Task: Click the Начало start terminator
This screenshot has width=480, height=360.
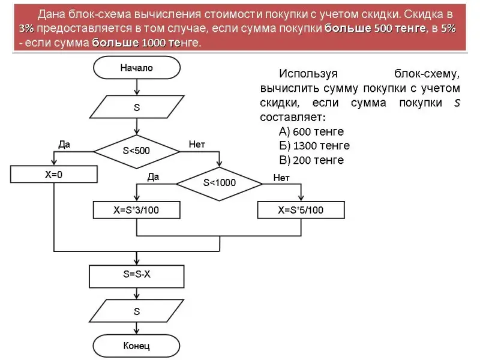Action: [x=137, y=68]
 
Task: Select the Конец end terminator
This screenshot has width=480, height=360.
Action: [x=137, y=346]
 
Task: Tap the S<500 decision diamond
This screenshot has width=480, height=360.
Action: [x=137, y=151]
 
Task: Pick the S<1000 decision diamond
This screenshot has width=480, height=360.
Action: [x=219, y=182]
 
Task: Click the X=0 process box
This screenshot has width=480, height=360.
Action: [x=54, y=174]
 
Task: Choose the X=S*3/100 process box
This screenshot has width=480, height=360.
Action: [x=137, y=210]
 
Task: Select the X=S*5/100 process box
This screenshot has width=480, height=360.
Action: [x=301, y=210]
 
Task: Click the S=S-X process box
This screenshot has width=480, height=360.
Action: [x=137, y=275]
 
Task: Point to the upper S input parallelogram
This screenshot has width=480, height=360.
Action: [x=137, y=109]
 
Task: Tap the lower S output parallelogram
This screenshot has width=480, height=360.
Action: [x=137, y=312]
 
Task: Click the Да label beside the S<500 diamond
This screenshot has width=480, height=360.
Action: [x=64, y=144]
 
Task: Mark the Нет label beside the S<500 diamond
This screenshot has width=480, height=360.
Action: [x=197, y=144]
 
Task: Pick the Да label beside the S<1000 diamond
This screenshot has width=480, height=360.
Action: [x=153, y=177]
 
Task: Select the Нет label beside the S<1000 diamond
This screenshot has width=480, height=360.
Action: [x=281, y=178]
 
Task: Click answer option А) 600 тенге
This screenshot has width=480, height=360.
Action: [x=311, y=131]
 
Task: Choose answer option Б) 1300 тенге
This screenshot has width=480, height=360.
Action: [x=314, y=146]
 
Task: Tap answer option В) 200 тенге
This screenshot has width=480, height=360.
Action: [x=311, y=160]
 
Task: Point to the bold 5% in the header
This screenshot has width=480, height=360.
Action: [x=448, y=29]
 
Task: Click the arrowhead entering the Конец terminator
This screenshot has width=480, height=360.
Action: [x=137, y=333]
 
